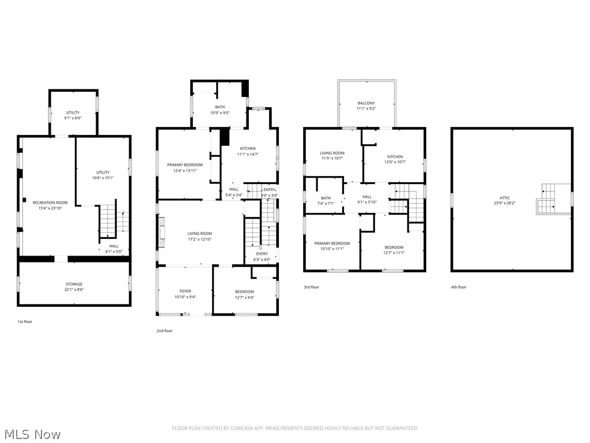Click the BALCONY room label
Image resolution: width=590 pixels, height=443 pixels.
366,103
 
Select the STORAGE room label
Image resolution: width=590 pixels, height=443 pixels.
74,284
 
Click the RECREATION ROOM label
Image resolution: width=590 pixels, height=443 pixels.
50,202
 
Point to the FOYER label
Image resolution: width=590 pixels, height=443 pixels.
185,291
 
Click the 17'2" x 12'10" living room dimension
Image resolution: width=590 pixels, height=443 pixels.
199,239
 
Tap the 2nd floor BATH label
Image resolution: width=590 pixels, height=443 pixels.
220,107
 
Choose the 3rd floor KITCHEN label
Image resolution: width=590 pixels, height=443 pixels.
395,157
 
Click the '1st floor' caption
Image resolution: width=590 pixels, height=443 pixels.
25,321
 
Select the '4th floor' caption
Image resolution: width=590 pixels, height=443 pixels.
459,287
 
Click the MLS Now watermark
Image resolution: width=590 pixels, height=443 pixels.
31,434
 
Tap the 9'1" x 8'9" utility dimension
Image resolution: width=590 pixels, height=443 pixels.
73,118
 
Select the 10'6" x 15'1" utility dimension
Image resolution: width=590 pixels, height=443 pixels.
103,178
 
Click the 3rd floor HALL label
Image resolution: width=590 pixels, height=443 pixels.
367,197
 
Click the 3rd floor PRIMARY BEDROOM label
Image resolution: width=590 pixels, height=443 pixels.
332,243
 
